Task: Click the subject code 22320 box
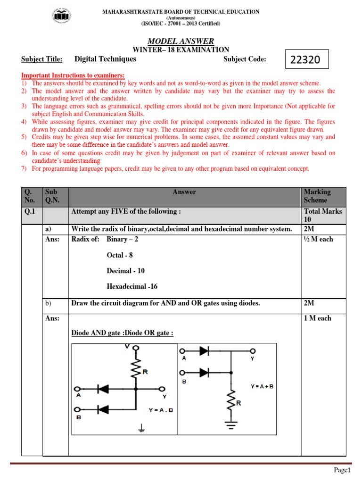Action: [x=306, y=60]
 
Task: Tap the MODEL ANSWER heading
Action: [x=181, y=42]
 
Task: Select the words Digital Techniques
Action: [x=105, y=59]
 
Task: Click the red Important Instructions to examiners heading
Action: [x=73, y=75]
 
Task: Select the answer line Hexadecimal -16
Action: [x=132, y=286]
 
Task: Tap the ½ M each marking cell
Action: [x=318, y=239]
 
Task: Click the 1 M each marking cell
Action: [x=318, y=318]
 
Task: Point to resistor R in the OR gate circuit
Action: [x=231, y=402]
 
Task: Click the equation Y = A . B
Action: [x=161, y=410]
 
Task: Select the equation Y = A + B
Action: [x=262, y=386]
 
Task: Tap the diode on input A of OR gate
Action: [x=205, y=351]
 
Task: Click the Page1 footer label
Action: [x=343, y=470]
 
